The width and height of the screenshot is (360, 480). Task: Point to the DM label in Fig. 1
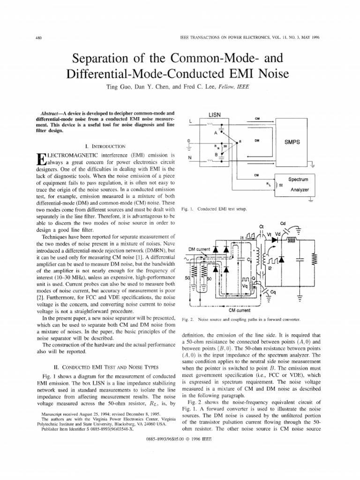[x=257, y=140]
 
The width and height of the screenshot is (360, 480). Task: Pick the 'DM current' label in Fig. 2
[x=199, y=249]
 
